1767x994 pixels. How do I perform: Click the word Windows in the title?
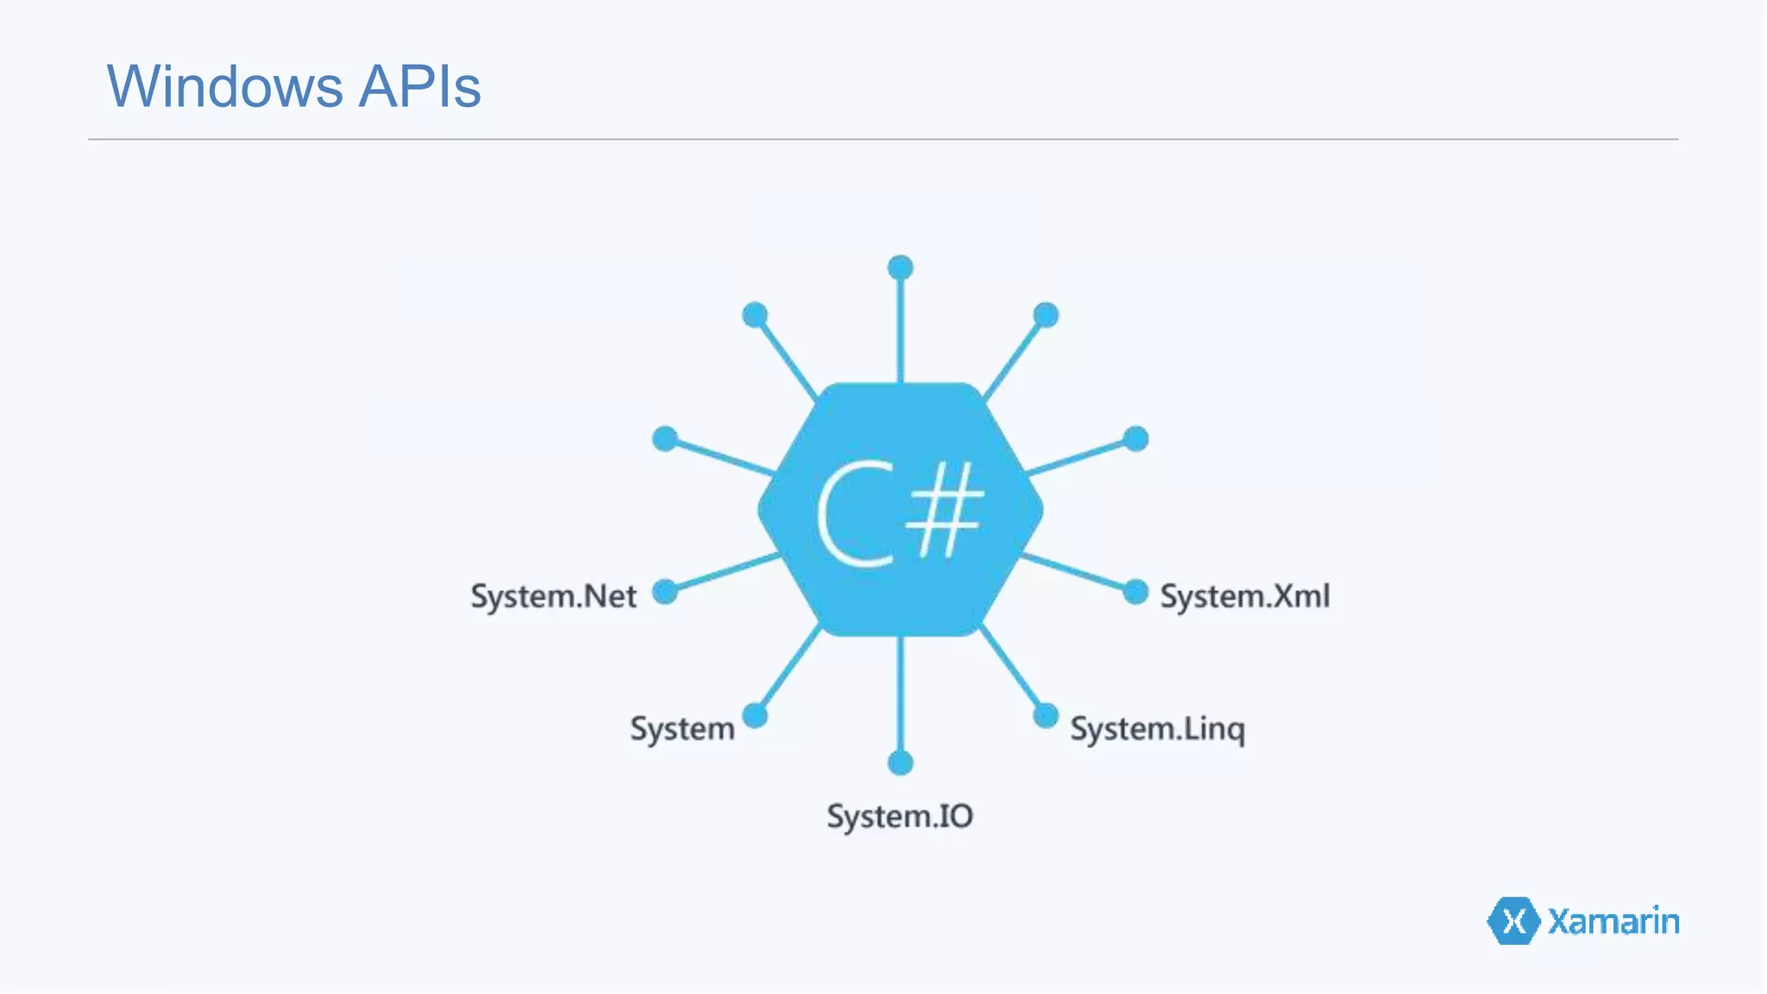pyautogui.click(x=225, y=86)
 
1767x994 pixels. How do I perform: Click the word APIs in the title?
pyautogui.click(x=419, y=86)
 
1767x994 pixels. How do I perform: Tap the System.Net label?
pyautogui.click(x=553, y=596)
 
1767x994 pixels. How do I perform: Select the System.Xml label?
pyautogui.click(x=1244, y=596)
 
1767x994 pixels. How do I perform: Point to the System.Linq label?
pyautogui.click(x=1157, y=729)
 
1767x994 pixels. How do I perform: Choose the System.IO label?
pyautogui.click(x=900, y=816)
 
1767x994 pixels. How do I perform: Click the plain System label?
pyautogui.click(x=682, y=729)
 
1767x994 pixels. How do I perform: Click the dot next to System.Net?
pyautogui.click(x=665, y=592)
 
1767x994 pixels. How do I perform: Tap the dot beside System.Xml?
pyautogui.click(x=1135, y=592)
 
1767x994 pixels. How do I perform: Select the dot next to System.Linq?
pyautogui.click(x=1046, y=715)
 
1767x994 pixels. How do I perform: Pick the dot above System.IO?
pyautogui.click(x=900, y=763)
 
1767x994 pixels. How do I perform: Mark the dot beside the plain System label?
pyautogui.click(x=755, y=715)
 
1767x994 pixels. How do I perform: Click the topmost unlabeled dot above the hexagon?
pyautogui.click(x=900, y=267)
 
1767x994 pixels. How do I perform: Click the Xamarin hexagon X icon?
pyautogui.click(x=1513, y=922)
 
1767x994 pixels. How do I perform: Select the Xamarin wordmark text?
pyautogui.click(x=1613, y=922)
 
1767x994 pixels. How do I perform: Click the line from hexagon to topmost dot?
pyautogui.click(x=900, y=328)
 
